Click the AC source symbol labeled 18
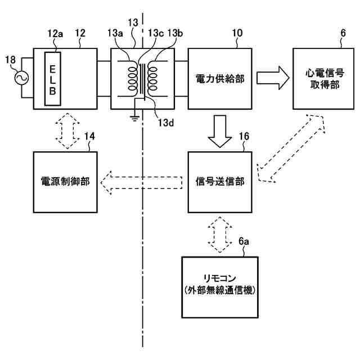click(x=21, y=78)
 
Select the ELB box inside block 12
click(x=52, y=79)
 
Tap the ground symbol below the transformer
click(x=135, y=119)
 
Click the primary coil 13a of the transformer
click(x=133, y=79)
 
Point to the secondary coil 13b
click(x=152, y=79)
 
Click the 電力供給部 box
click(x=220, y=79)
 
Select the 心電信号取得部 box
click(x=323, y=79)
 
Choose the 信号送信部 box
click(x=220, y=182)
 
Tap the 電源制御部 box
click(x=65, y=182)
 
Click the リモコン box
click(x=220, y=287)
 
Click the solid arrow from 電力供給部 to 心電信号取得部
click(x=273, y=78)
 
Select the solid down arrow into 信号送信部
click(x=220, y=131)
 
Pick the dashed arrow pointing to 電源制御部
click(x=141, y=183)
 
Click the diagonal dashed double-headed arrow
click(x=291, y=148)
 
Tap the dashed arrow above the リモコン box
click(x=220, y=235)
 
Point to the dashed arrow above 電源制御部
click(x=67, y=130)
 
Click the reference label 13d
click(x=165, y=123)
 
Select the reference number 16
click(x=244, y=136)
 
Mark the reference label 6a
click(x=244, y=241)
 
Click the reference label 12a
click(x=55, y=34)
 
